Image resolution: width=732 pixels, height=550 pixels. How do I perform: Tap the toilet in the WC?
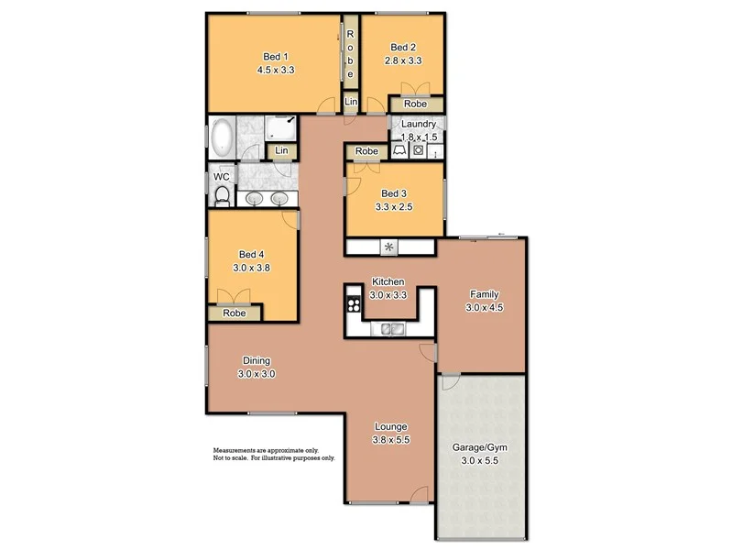coord(222,193)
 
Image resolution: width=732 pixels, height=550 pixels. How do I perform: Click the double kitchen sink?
coord(391,329)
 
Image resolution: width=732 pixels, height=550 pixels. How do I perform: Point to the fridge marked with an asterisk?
coord(389,247)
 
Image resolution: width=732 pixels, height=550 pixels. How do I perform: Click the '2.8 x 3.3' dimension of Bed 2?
coord(403,61)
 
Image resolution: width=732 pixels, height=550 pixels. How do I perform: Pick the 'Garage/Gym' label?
coord(480,448)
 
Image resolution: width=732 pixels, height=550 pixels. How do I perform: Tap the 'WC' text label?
coord(221,177)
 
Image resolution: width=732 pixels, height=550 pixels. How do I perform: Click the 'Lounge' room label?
coord(390,427)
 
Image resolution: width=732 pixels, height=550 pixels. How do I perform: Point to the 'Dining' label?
coord(257,360)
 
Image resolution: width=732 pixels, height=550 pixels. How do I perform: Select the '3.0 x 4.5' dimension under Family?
coord(484,308)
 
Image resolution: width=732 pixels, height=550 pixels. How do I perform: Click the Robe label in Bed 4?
coord(235,313)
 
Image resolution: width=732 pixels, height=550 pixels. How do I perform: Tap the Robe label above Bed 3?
coord(367,151)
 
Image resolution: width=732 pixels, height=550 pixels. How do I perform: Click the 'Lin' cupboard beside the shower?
coord(282,150)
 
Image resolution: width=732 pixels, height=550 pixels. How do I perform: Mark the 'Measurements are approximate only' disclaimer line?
coord(266,451)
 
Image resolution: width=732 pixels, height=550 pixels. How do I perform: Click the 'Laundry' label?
coord(419,123)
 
